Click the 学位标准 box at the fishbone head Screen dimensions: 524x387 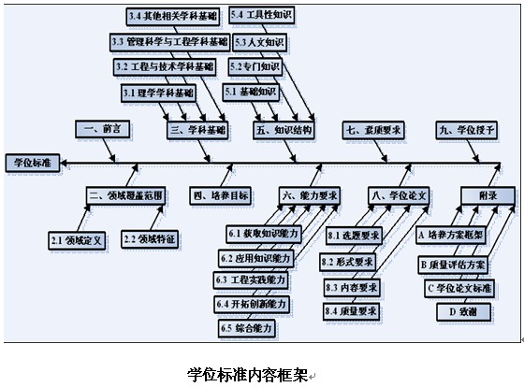click(33, 163)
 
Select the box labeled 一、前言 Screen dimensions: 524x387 click(103, 129)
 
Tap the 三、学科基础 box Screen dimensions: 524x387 click(197, 130)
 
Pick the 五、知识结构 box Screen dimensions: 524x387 click(284, 130)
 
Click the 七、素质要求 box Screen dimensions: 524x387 click(373, 130)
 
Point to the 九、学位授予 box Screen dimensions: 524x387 click(467, 130)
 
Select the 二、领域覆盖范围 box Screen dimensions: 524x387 click(125, 195)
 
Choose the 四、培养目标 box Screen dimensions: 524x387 click(221, 195)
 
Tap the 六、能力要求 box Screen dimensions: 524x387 click(310, 195)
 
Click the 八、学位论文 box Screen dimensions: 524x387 click(399, 195)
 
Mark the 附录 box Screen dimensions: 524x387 click(488, 195)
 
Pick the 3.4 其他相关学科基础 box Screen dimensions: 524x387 click(173, 17)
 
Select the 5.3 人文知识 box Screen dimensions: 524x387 click(260, 42)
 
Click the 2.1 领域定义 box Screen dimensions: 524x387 click(77, 240)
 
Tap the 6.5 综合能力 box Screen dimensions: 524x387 click(247, 328)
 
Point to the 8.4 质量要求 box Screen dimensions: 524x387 click(351, 311)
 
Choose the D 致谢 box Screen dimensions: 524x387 click(463, 312)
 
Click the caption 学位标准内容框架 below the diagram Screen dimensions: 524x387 click(247, 375)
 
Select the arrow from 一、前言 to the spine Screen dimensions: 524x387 click(109, 150)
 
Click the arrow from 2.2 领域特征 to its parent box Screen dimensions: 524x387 click(157, 218)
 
